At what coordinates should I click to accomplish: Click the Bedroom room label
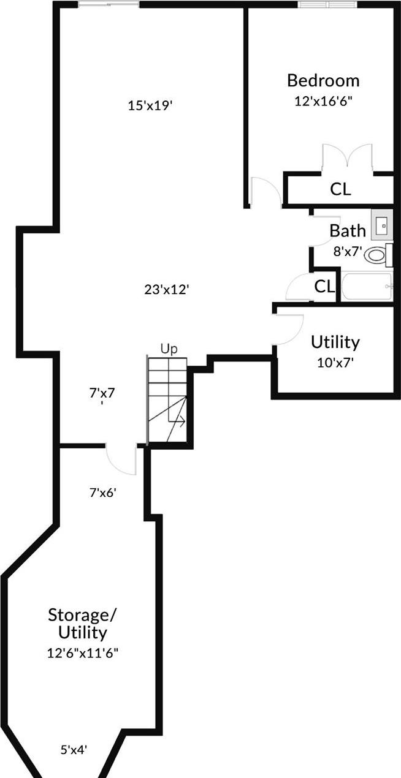pos(323,80)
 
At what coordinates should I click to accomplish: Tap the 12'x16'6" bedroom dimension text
pos(323,100)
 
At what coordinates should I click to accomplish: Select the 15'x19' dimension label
pos(150,105)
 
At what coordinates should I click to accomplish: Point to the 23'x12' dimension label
pos(166,289)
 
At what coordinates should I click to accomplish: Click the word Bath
pos(348,231)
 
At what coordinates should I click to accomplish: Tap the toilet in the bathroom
pos(378,255)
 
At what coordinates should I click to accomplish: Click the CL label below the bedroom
pos(341,189)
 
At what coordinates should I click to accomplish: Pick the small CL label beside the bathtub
pos(324,286)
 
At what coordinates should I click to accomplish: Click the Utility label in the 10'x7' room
pos(335,341)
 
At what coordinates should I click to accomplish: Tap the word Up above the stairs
pos(169,349)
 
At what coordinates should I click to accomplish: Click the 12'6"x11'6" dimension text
pos(82,652)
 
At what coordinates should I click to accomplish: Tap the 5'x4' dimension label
pos(74,749)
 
